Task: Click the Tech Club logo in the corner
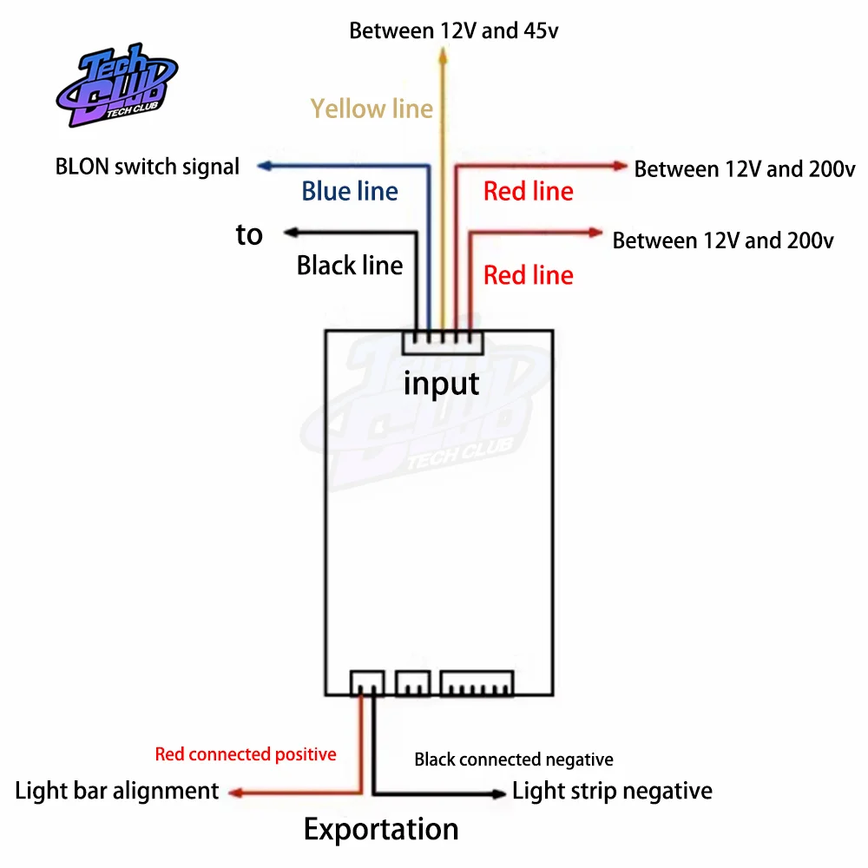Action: pos(117,85)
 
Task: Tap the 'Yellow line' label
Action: pos(372,108)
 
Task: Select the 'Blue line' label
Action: pos(350,191)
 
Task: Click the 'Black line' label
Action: pos(350,265)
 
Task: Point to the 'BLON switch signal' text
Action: pos(148,167)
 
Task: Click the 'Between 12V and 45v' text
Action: pos(454,31)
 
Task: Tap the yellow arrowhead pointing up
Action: pos(443,56)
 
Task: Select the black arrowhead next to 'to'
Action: pos(292,233)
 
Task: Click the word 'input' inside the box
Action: pos(441,383)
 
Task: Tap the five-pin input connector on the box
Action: pos(443,342)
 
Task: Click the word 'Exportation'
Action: pos(381,829)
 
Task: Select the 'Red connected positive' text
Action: pos(246,754)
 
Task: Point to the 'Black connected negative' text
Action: pos(514,759)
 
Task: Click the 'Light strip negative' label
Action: pos(612,791)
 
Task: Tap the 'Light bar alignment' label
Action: pos(117,791)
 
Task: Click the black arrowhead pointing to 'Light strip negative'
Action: pos(499,794)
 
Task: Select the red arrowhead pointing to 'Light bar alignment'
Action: pos(236,793)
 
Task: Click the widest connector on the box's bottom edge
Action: pos(477,683)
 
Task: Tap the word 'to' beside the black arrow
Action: pos(249,234)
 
